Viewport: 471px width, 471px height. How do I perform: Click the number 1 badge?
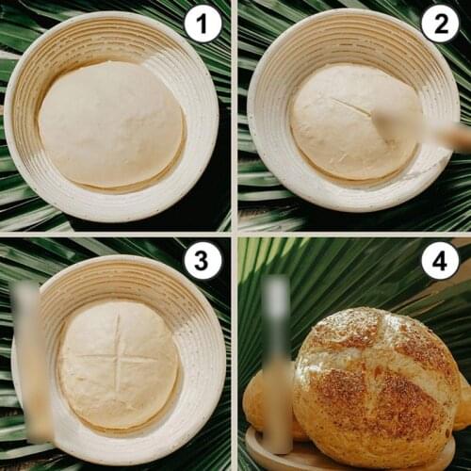tap(203, 23)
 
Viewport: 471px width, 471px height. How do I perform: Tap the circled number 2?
tap(440, 23)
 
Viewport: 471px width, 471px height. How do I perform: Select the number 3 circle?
tap(203, 260)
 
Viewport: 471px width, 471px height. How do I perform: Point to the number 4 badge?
tap(440, 260)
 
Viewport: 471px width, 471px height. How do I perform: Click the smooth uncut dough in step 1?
tap(110, 124)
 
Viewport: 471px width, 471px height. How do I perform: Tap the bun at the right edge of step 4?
tap(463, 405)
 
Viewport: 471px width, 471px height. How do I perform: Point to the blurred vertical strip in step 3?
tap(28, 363)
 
